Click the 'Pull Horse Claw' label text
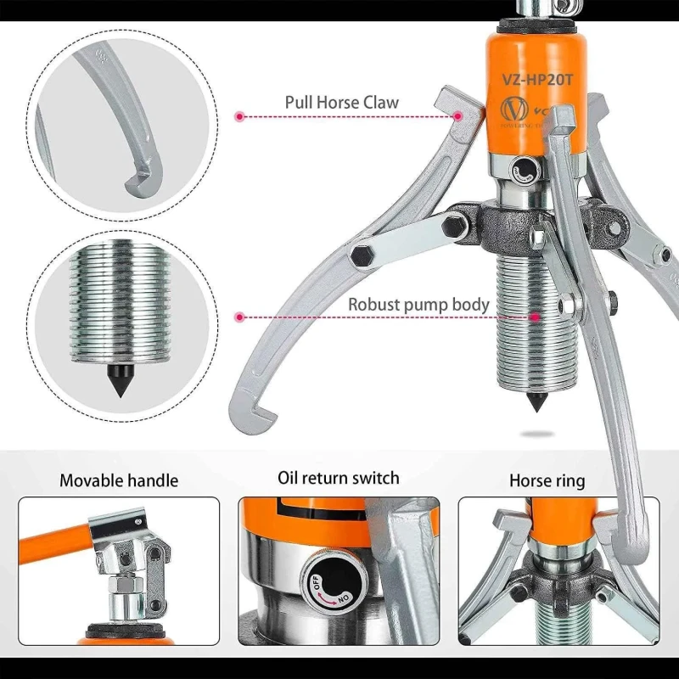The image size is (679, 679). point(341,103)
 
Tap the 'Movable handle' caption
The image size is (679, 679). point(119,480)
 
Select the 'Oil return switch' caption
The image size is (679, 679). point(338,479)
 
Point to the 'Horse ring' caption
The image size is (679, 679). point(547,480)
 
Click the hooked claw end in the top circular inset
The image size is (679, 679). point(137,177)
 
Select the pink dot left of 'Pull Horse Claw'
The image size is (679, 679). point(240,115)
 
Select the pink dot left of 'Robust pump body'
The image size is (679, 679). point(240,317)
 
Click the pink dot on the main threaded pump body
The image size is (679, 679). point(536,317)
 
